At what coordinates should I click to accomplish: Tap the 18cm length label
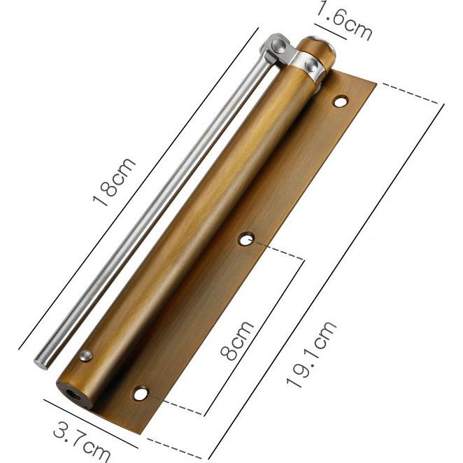(x=115, y=183)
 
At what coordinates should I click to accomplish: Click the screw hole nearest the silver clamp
(x=340, y=102)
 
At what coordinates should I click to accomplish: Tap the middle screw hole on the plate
(x=246, y=240)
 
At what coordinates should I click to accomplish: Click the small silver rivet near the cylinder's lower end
(x=86, y=356)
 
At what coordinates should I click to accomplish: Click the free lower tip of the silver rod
(x=41, y=362)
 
